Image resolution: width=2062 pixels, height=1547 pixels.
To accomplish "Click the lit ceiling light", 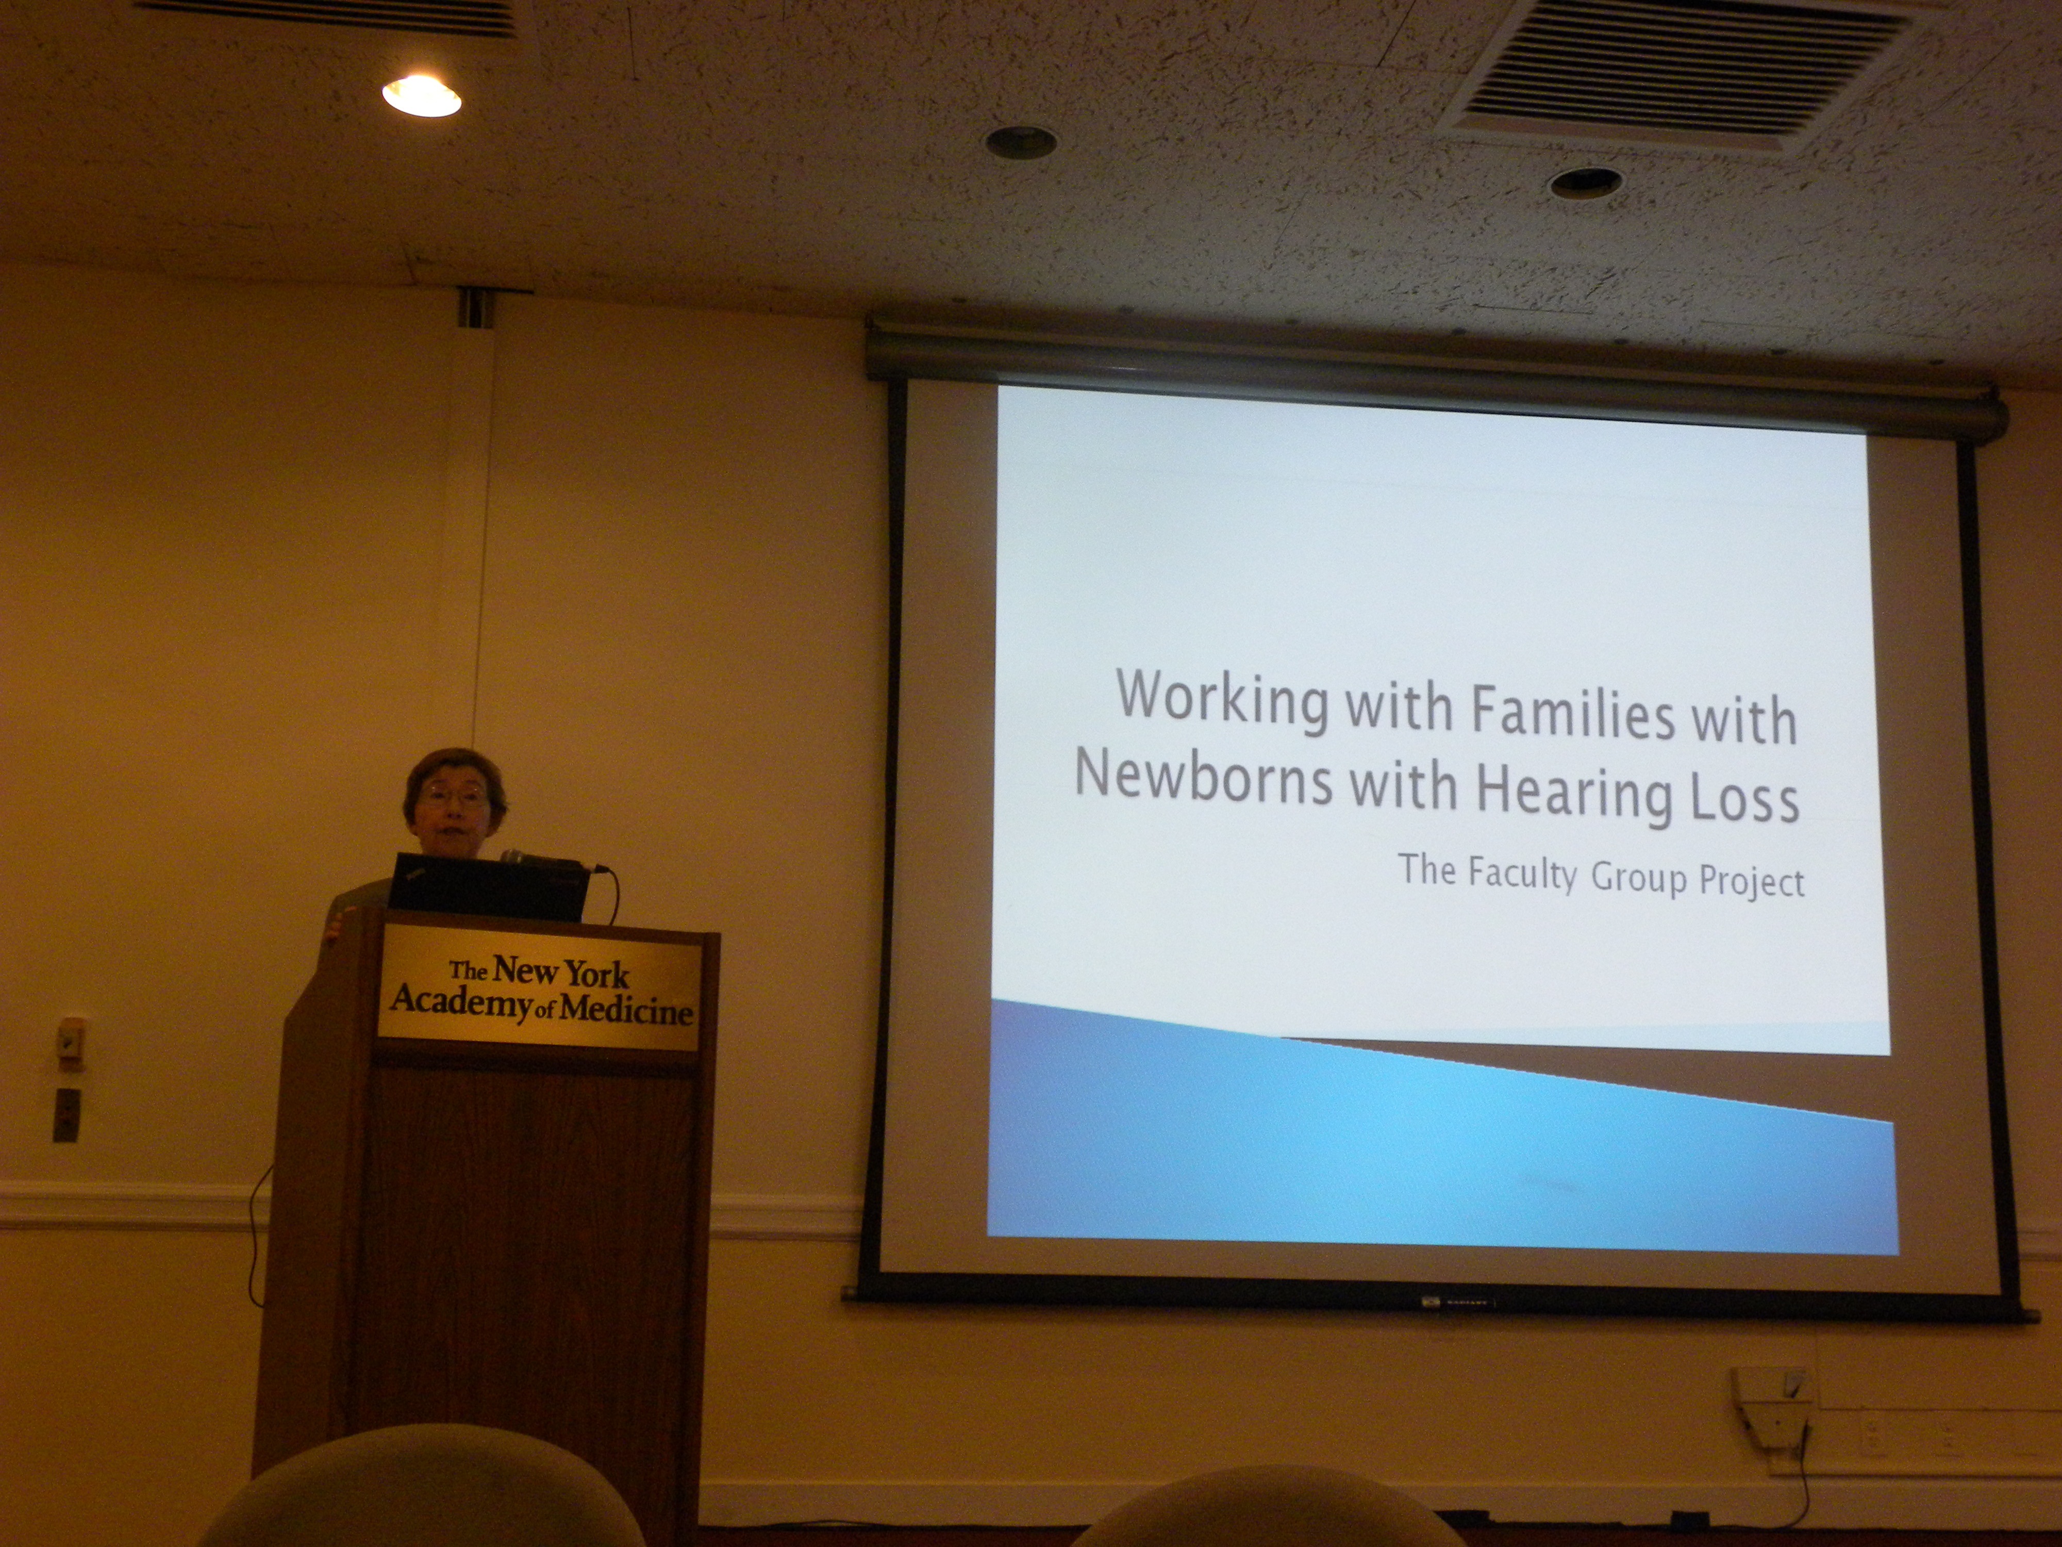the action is [421, 95].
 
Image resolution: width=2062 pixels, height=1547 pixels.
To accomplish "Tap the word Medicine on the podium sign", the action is [626, 1009].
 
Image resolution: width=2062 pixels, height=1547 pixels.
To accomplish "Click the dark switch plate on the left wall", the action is [66, 1115].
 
